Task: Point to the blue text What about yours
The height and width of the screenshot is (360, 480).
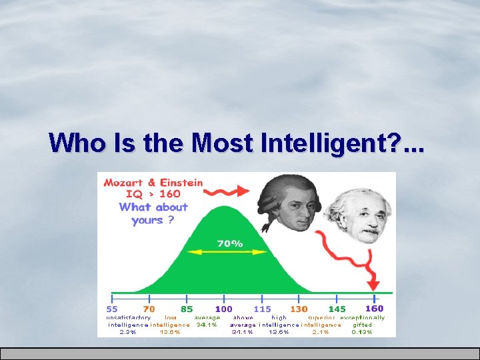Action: [153, 213]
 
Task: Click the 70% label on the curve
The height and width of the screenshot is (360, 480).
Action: [229, 243]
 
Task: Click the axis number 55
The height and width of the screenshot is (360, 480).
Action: [113, 309]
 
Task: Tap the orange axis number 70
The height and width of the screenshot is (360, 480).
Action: [149, 309]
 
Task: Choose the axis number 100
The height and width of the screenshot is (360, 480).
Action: [224, 309]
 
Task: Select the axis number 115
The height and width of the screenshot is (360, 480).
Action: [261, 309]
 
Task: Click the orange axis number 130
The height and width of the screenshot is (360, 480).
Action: [299, 309]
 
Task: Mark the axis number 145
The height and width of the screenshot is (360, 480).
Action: [337, 309]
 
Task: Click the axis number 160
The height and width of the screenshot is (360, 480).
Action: [374, 309]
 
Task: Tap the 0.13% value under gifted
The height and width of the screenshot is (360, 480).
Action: [362, 332]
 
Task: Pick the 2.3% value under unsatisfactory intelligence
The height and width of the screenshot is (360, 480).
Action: [127, 332]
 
